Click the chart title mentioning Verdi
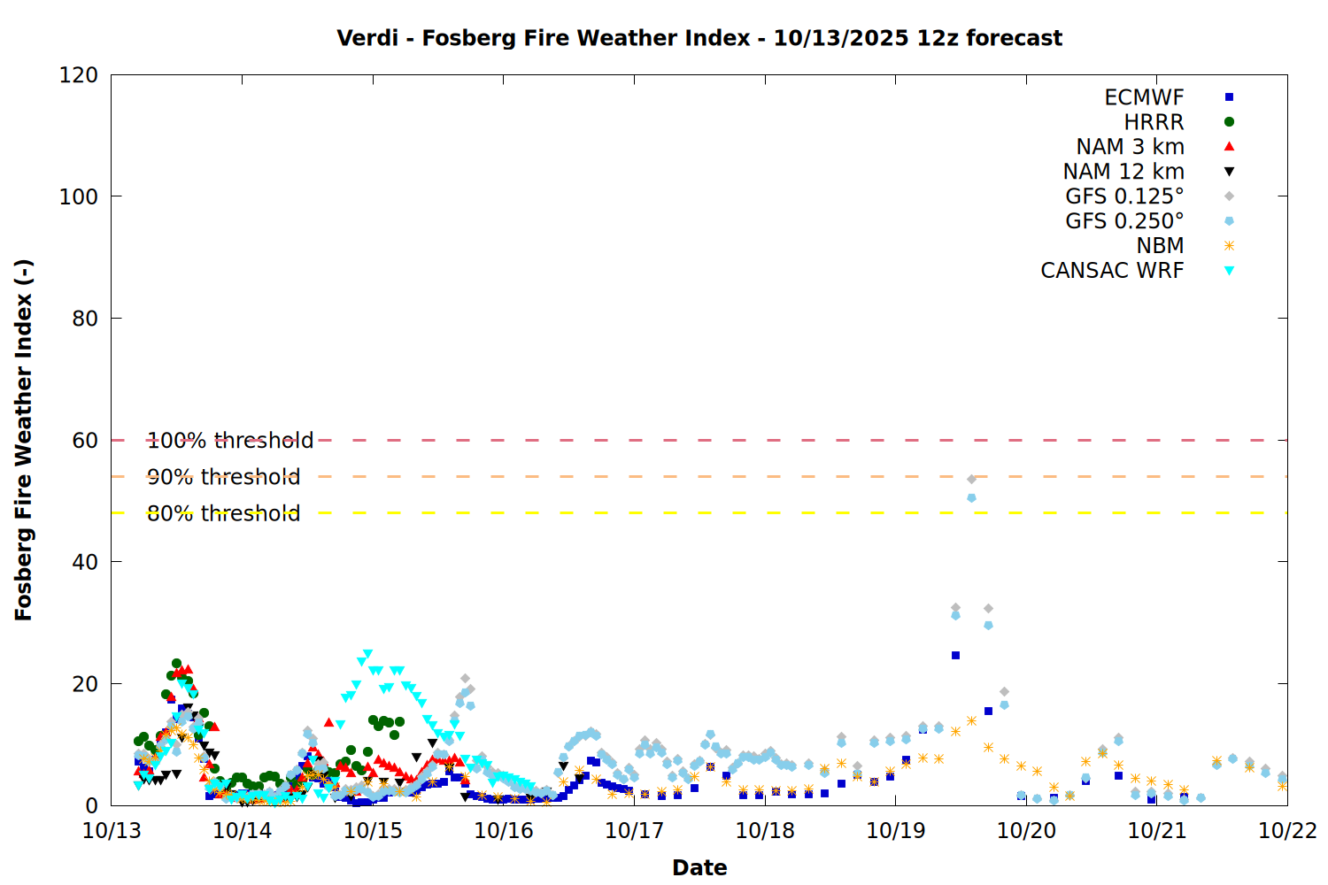coord(699,38)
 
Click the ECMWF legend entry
coord(1144,97)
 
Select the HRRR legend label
coord(1154,122)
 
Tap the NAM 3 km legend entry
coord(1130,147)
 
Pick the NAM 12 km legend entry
coord(1123,172)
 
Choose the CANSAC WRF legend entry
coord(1112,271)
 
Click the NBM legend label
coord(1160,246)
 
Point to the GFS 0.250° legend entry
coord(1124,221)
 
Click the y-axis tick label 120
coord(79,75)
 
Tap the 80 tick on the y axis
coord(85,319)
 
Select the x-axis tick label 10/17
coord(634,830)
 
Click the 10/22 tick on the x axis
coord(1287,830)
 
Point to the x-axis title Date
coord(699,867)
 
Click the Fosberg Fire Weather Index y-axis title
coord(24,440)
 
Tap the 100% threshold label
coord(230,441)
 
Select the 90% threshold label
coord(224,477)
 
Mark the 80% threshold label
coord(224,513)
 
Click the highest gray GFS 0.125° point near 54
coord(971,479)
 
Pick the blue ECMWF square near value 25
coord(955,656)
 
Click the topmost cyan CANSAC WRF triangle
coord(367,654)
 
